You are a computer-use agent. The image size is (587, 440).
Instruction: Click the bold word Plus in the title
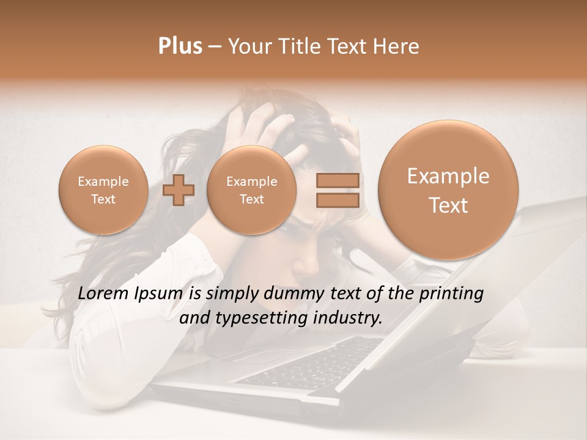tap(180, 46)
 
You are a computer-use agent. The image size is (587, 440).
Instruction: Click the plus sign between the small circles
tap(179, 190)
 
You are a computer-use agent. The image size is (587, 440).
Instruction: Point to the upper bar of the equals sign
tap(337, 180)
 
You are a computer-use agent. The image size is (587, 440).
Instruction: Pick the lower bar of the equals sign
tap(337, 200)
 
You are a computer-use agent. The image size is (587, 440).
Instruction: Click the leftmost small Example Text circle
tap(103, 190)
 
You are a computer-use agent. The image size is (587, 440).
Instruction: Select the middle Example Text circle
tap(251, 190)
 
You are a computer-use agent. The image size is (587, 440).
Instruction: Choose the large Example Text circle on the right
tap(448, 190)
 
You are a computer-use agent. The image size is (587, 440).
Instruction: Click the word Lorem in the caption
tap(104, 294)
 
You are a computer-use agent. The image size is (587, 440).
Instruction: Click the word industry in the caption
tap(350, 318)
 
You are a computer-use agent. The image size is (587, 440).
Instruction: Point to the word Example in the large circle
tap(448, 177)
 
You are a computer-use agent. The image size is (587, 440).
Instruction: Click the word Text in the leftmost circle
tap(103, 199)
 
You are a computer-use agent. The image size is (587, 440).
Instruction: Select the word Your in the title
tap(248, 46)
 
